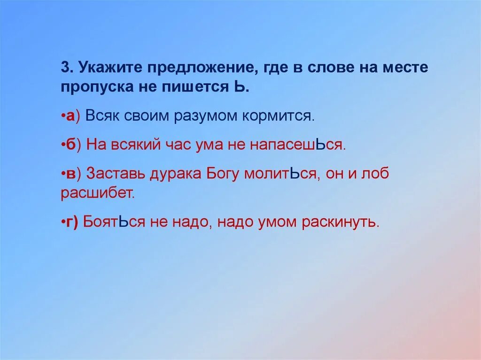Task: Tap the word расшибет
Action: [x=98, y=193]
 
